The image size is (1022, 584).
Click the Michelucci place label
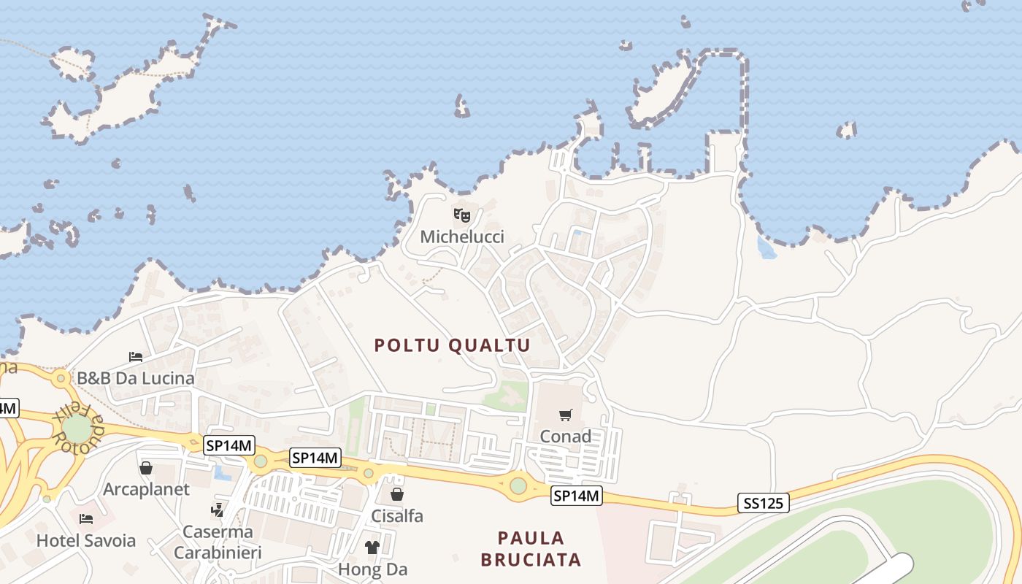pyautogui.click(x=462, y=237)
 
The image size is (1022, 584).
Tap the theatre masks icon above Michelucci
pyautogui.click(x=462, y=215)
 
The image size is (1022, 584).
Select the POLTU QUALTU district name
pyautogui.click(x=453, y=345)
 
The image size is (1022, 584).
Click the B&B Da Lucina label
pyautogui.click(x=136, y=378)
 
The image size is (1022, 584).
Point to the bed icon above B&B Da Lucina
pyautogui.click(x=136, y=357)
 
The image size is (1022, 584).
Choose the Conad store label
pyautogui.click(x=566, y=437)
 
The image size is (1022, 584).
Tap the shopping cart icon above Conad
pyautogui.click(x=565, y=415)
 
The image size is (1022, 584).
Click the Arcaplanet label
pyautogui.click(x=146, y=489)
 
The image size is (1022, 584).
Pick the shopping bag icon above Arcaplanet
pyautogui.click(x=146, y=468)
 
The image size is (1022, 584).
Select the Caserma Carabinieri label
pyautogui.click(x=218, y=542)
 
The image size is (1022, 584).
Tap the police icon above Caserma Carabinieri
pyautogui.click(x=218, y=510)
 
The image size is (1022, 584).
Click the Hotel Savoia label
pyautogui.click(x=86, y=541)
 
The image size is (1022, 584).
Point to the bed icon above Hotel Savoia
pyautogui.click(x=86, y=520)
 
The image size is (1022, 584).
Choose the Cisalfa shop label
pyautogui.click(x=397, y=516)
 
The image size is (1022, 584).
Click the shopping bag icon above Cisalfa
pyautogui.click(x=397, y=495)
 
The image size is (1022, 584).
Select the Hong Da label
pyautogui.click(x=372, y=569)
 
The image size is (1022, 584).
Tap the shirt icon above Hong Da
pyautogui.click(x=372, y=547)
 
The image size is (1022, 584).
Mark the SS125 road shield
pyautogui.click(x=763, y=503)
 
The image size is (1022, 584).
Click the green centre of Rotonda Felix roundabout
pyautogui.click(x=77, y=429)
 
